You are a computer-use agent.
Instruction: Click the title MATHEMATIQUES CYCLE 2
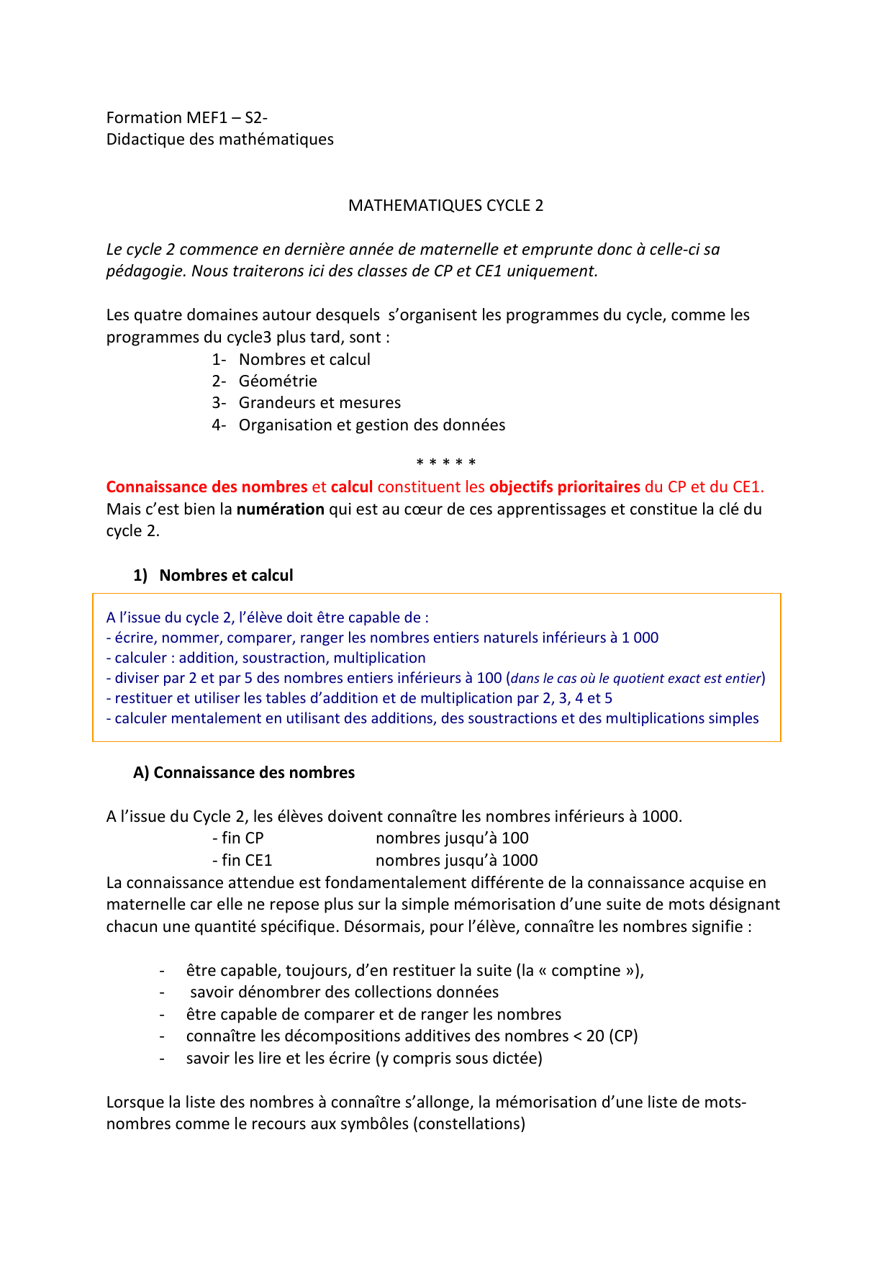(x=445, y=206)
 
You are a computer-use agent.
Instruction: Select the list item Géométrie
(x=278, y=381)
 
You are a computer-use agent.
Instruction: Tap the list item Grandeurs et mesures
(x=319, y=403)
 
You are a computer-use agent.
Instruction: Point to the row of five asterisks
(x=446, y=463)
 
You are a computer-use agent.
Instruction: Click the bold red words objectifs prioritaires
(x=564, y=487)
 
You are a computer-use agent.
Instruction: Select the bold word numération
(x=281, y=510)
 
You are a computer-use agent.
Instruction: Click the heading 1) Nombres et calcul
(x=213, y=576)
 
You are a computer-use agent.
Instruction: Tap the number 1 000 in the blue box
(x=640, y=638)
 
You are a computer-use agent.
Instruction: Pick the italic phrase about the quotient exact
(x=636, y=679)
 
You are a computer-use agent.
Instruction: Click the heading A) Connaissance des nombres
(x=244, y=773)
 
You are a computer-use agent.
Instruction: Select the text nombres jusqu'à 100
(x=452, y=838)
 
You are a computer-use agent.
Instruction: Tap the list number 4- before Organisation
(x=219, y=425)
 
